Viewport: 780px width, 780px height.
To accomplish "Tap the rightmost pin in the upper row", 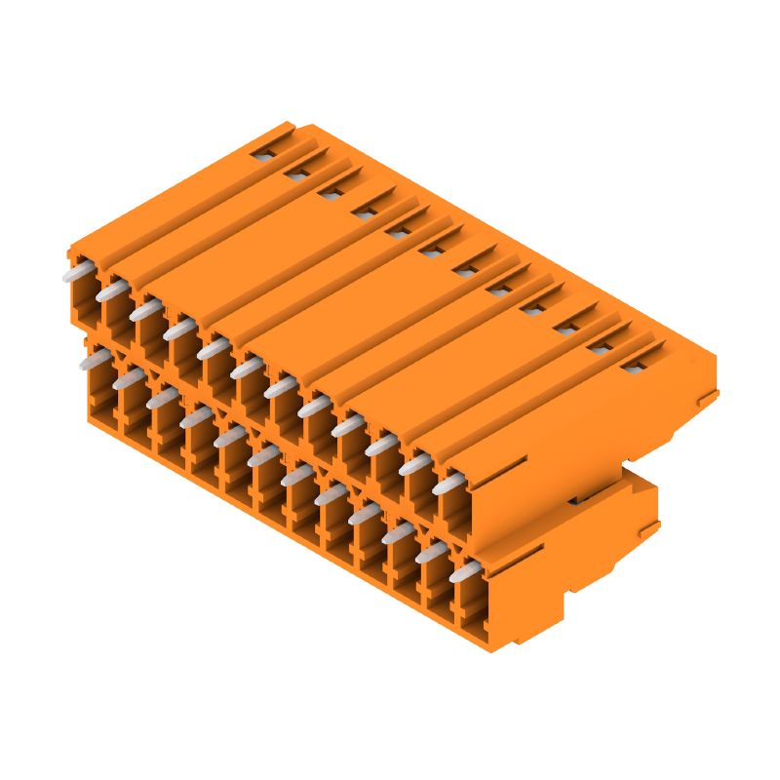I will point(448,484).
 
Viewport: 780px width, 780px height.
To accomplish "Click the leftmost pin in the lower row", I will point(96,362).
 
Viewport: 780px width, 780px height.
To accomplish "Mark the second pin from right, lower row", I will point(431,553).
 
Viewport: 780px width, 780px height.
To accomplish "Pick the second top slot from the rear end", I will point(297,173).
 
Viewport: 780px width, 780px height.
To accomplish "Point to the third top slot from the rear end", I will point(330,192).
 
